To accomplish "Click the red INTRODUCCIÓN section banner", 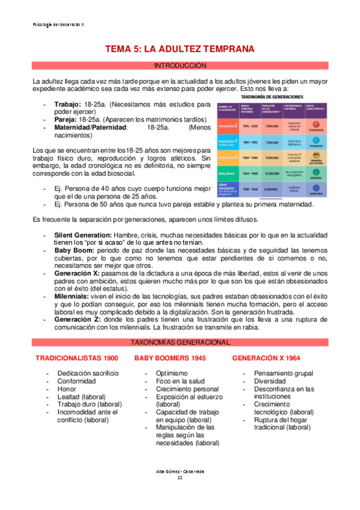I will coord(180,65).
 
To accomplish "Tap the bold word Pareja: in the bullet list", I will coord(66,119).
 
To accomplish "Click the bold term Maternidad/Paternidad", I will coord(91,127).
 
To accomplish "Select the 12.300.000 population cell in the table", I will coord(271,173).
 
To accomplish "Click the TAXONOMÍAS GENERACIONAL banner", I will coord(180,342).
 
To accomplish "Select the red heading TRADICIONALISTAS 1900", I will coord(76,358).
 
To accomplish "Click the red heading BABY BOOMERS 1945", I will coord(170,358).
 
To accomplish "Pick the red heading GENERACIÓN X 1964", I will coord(266,358).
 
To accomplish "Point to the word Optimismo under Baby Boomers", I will coord(174,373).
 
